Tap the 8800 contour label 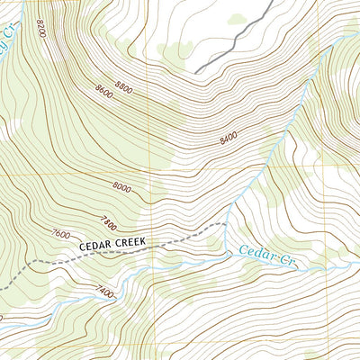pyautogui.click(x=123, y=88)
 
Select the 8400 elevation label pyautogui.click(x=229, y=139)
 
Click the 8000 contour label pyautogui.click(x=122, y=187)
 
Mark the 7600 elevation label pyautogui.click(x=61, y=234)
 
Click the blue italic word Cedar pyautogui.click(x=256, y=253)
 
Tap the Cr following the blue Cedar pyautogui.click(x=286, y=261)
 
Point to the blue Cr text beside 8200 pyautogui.click(x=9, y=36)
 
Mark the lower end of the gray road pyautogui.click(x=196, y=73)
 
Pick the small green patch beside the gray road pyautogui.click(x=237, y=19)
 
